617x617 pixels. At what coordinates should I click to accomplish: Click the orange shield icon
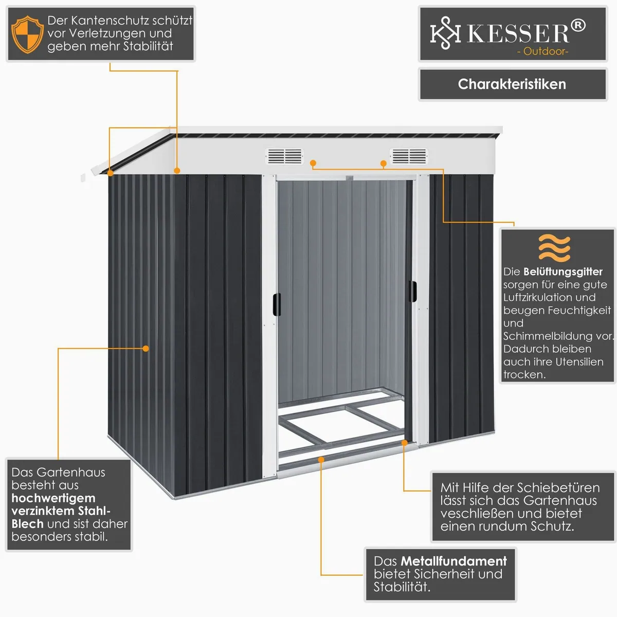click(x=27, y=34)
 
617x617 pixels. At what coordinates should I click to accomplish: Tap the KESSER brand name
click(x=518, y=33)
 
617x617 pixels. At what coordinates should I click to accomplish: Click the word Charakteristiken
click(x=512, y=84)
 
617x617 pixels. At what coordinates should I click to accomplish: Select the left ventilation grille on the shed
click(x=285, y=156)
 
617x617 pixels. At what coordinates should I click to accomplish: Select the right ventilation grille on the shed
click(x=409, y=156)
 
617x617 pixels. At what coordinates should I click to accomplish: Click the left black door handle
click(x=277, y=304)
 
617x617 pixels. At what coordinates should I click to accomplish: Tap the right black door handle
click(x=413, y=291)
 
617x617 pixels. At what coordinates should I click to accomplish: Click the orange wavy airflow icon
click(x=554, y=248)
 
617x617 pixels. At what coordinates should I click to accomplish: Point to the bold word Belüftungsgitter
click(x=563, y=272)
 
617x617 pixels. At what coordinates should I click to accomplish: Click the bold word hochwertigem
click(x=53, y=498)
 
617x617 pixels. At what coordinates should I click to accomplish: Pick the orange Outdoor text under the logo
click(x=542, y=51)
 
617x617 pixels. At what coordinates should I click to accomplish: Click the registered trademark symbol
click(x=578, y=26)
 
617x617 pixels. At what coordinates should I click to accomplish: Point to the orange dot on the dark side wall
click(x=146, y=349)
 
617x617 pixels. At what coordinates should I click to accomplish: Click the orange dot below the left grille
click(x=313, y=164)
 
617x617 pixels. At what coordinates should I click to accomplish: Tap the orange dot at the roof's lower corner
click(x=111, y=173)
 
